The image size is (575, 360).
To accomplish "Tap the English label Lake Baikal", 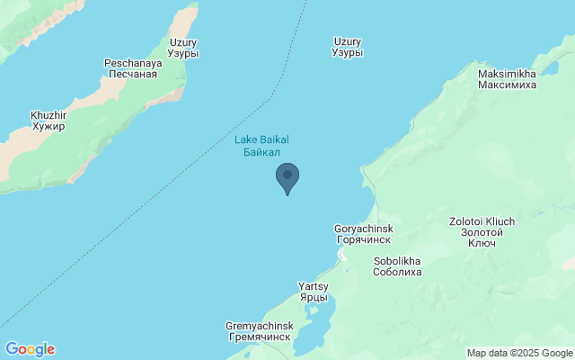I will (261, 139).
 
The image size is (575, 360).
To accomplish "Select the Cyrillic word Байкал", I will (261, 152).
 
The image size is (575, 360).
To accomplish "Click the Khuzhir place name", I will (49, 115).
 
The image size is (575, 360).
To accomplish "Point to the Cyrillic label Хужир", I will (49, 127).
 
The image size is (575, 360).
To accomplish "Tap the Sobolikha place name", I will (397, 261).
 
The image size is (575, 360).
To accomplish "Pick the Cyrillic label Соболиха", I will (397, 273).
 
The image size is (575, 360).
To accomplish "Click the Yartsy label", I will (314, 286).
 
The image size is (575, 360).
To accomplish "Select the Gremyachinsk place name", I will (260, 325).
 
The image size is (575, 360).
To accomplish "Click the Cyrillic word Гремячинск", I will (260, 337).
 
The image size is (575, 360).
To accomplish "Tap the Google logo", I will (30, 349).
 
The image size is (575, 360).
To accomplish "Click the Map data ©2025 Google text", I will (519, 353).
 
